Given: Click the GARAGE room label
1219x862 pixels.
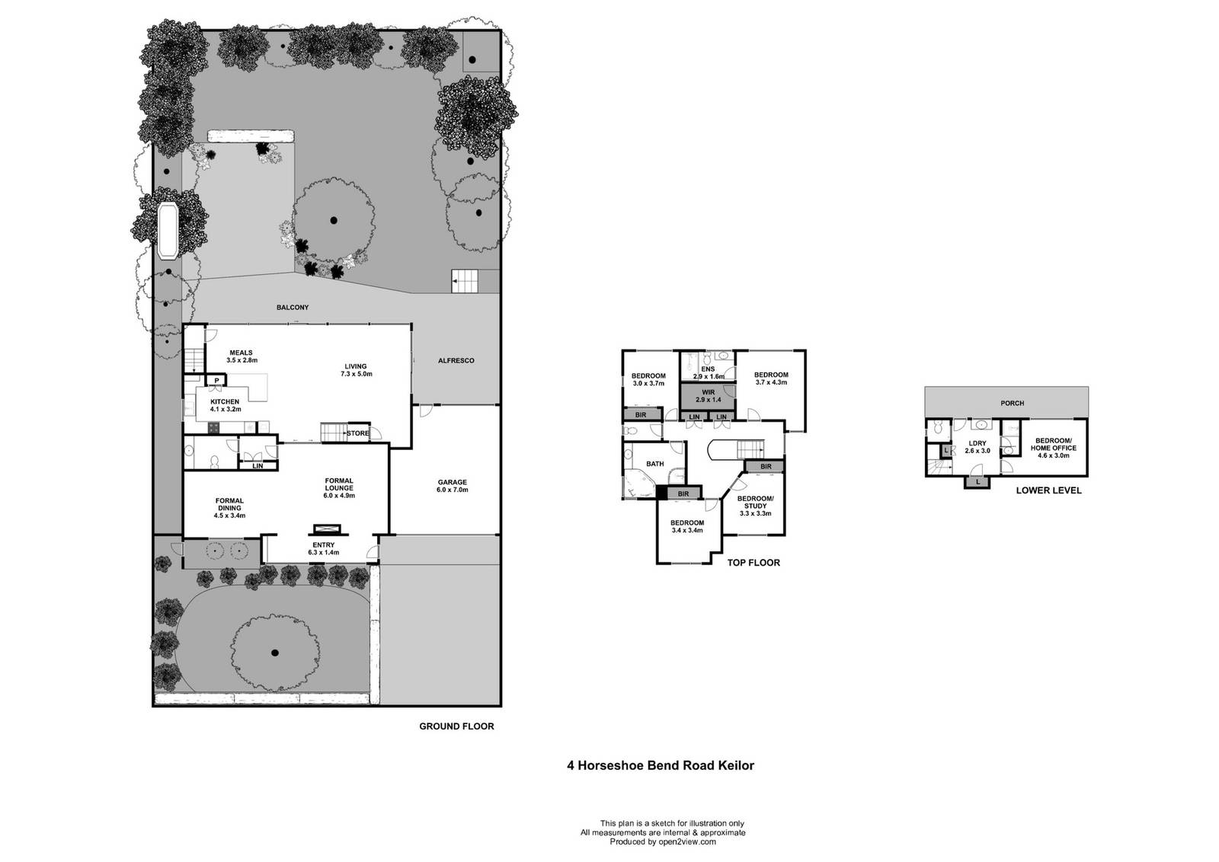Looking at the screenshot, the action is tap(453, 486).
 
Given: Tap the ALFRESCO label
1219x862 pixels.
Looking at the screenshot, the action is tap(456, 361).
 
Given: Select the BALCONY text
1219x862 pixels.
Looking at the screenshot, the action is tap(293, 308).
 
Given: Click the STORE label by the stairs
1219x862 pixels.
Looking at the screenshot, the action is tap(357, 433).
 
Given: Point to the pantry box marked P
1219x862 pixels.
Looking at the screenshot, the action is tap(216, 380).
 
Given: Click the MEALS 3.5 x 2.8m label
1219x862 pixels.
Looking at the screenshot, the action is tap(242, 356).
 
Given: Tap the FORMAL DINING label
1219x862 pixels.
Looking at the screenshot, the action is tap(229, 508).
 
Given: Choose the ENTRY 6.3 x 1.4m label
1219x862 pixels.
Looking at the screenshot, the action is tap(323, 549).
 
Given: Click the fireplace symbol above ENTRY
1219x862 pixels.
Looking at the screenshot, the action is tap(327, 528).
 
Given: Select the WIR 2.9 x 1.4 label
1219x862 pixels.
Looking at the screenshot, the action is tap(708, 396).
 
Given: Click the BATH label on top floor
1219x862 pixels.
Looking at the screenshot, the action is tap(654, 464).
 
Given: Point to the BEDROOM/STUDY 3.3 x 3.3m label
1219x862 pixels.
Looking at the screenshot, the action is tap(755, 506).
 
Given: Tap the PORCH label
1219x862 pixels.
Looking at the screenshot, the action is tap(1013, 403).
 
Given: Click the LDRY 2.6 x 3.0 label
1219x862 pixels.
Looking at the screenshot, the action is tap(977, 447).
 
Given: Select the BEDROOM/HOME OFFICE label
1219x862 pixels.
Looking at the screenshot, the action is tap(1054, 448).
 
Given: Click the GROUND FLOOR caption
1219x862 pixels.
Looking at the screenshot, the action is tap(456, 726).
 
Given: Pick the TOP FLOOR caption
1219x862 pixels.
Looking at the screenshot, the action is tap(753, 563).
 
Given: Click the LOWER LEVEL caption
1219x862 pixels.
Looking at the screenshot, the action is tap(1048, 490).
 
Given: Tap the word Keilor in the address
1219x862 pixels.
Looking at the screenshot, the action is tap(737, 766).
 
